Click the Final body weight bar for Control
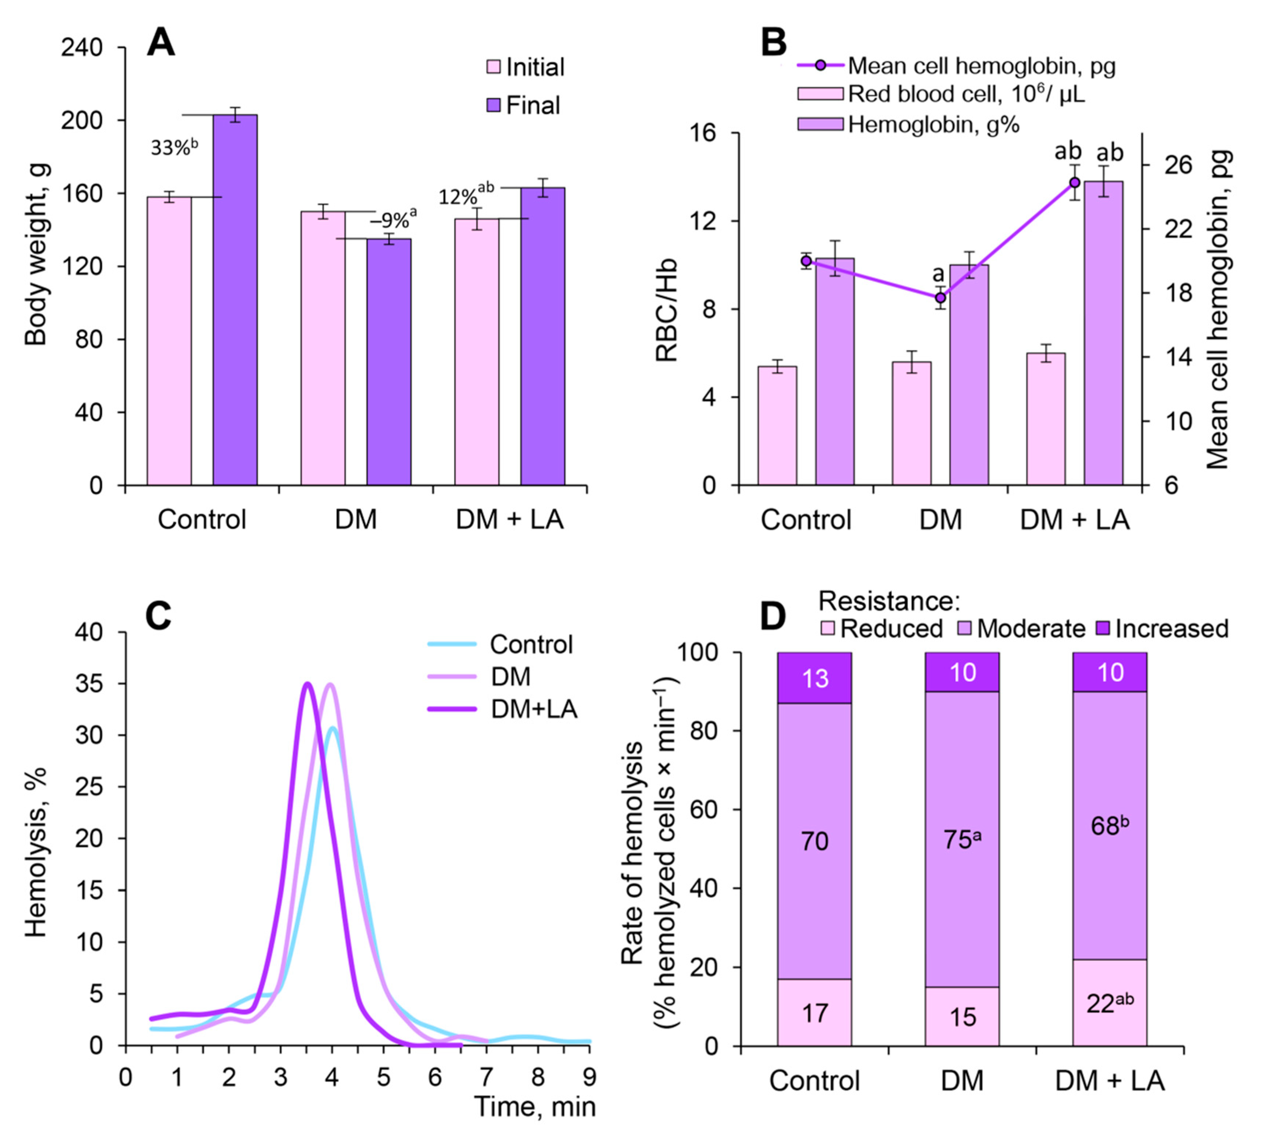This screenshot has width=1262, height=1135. tap(235, 299)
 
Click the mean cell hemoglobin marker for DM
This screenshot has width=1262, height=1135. tap(941, 298)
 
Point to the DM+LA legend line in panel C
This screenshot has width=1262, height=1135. tap(452, 709)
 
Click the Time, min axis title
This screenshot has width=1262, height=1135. tap(535, 1106)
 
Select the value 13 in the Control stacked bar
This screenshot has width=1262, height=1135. tap(814, 678)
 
